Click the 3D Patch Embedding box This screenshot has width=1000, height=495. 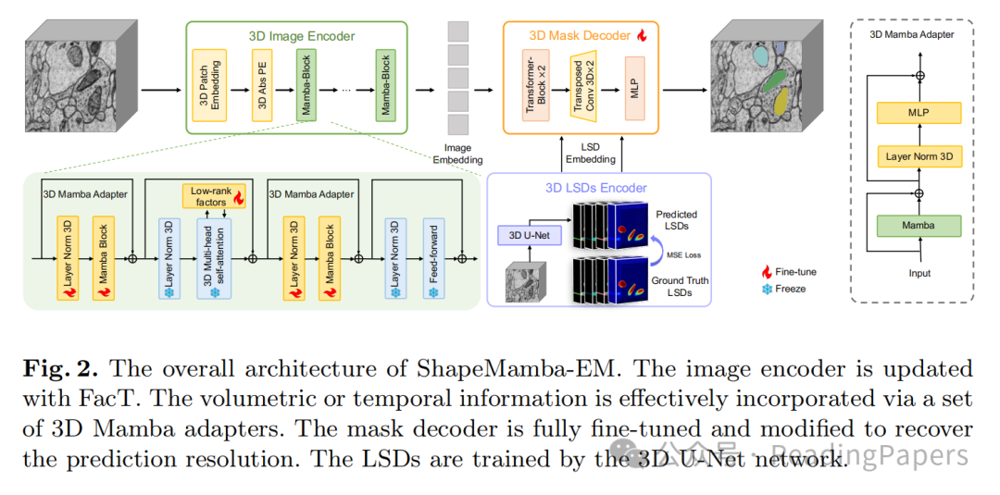(x=209, y=90)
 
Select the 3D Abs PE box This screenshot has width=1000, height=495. (x=262, y=90)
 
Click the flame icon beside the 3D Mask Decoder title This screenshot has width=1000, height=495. (x=641, y=35)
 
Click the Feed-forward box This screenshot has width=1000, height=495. (x=433, y=260)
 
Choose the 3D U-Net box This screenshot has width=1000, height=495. (x=530, y=234)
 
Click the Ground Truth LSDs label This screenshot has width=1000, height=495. (x=681, y=286)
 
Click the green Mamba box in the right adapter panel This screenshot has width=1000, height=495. (x=919, y=225)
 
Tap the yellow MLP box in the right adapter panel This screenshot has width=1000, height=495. (x=919, y=113)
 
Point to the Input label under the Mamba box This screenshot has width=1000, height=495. (x=919, y=273)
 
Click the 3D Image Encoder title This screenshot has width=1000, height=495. (x=301, y=36)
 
